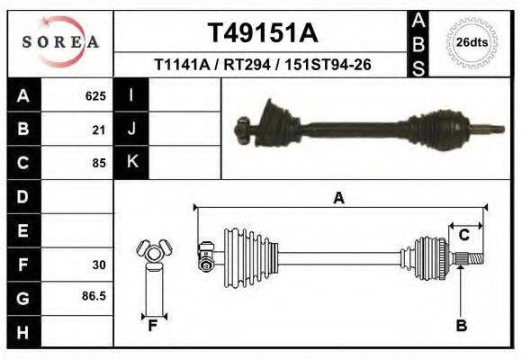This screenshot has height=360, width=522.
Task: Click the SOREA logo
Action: click(x=60, y=41)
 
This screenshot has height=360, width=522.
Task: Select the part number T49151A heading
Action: click(x=263, y=33)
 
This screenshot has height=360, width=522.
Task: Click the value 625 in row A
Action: click(x=95, y=95)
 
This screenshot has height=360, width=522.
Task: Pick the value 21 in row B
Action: click(x=100, y=130)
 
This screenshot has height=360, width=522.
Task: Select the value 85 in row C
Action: click(x=100, y=163)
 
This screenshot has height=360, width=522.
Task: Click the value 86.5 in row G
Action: click(x=94, y=296)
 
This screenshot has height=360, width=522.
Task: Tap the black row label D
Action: click(x=22, y=196)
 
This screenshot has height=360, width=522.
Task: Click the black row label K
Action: click(x=132, y=162)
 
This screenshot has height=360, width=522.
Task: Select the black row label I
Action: click(x=132, y=95)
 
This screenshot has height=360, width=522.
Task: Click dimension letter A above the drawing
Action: click(x=338, y=199)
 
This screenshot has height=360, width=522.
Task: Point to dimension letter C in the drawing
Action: click(x=464, y=236)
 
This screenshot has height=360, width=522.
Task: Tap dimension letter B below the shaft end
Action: click(x=462, y=325)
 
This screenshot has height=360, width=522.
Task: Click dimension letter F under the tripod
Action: click(x=153, y=326)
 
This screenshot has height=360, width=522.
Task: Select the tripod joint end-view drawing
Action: click(x=152, y=254)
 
